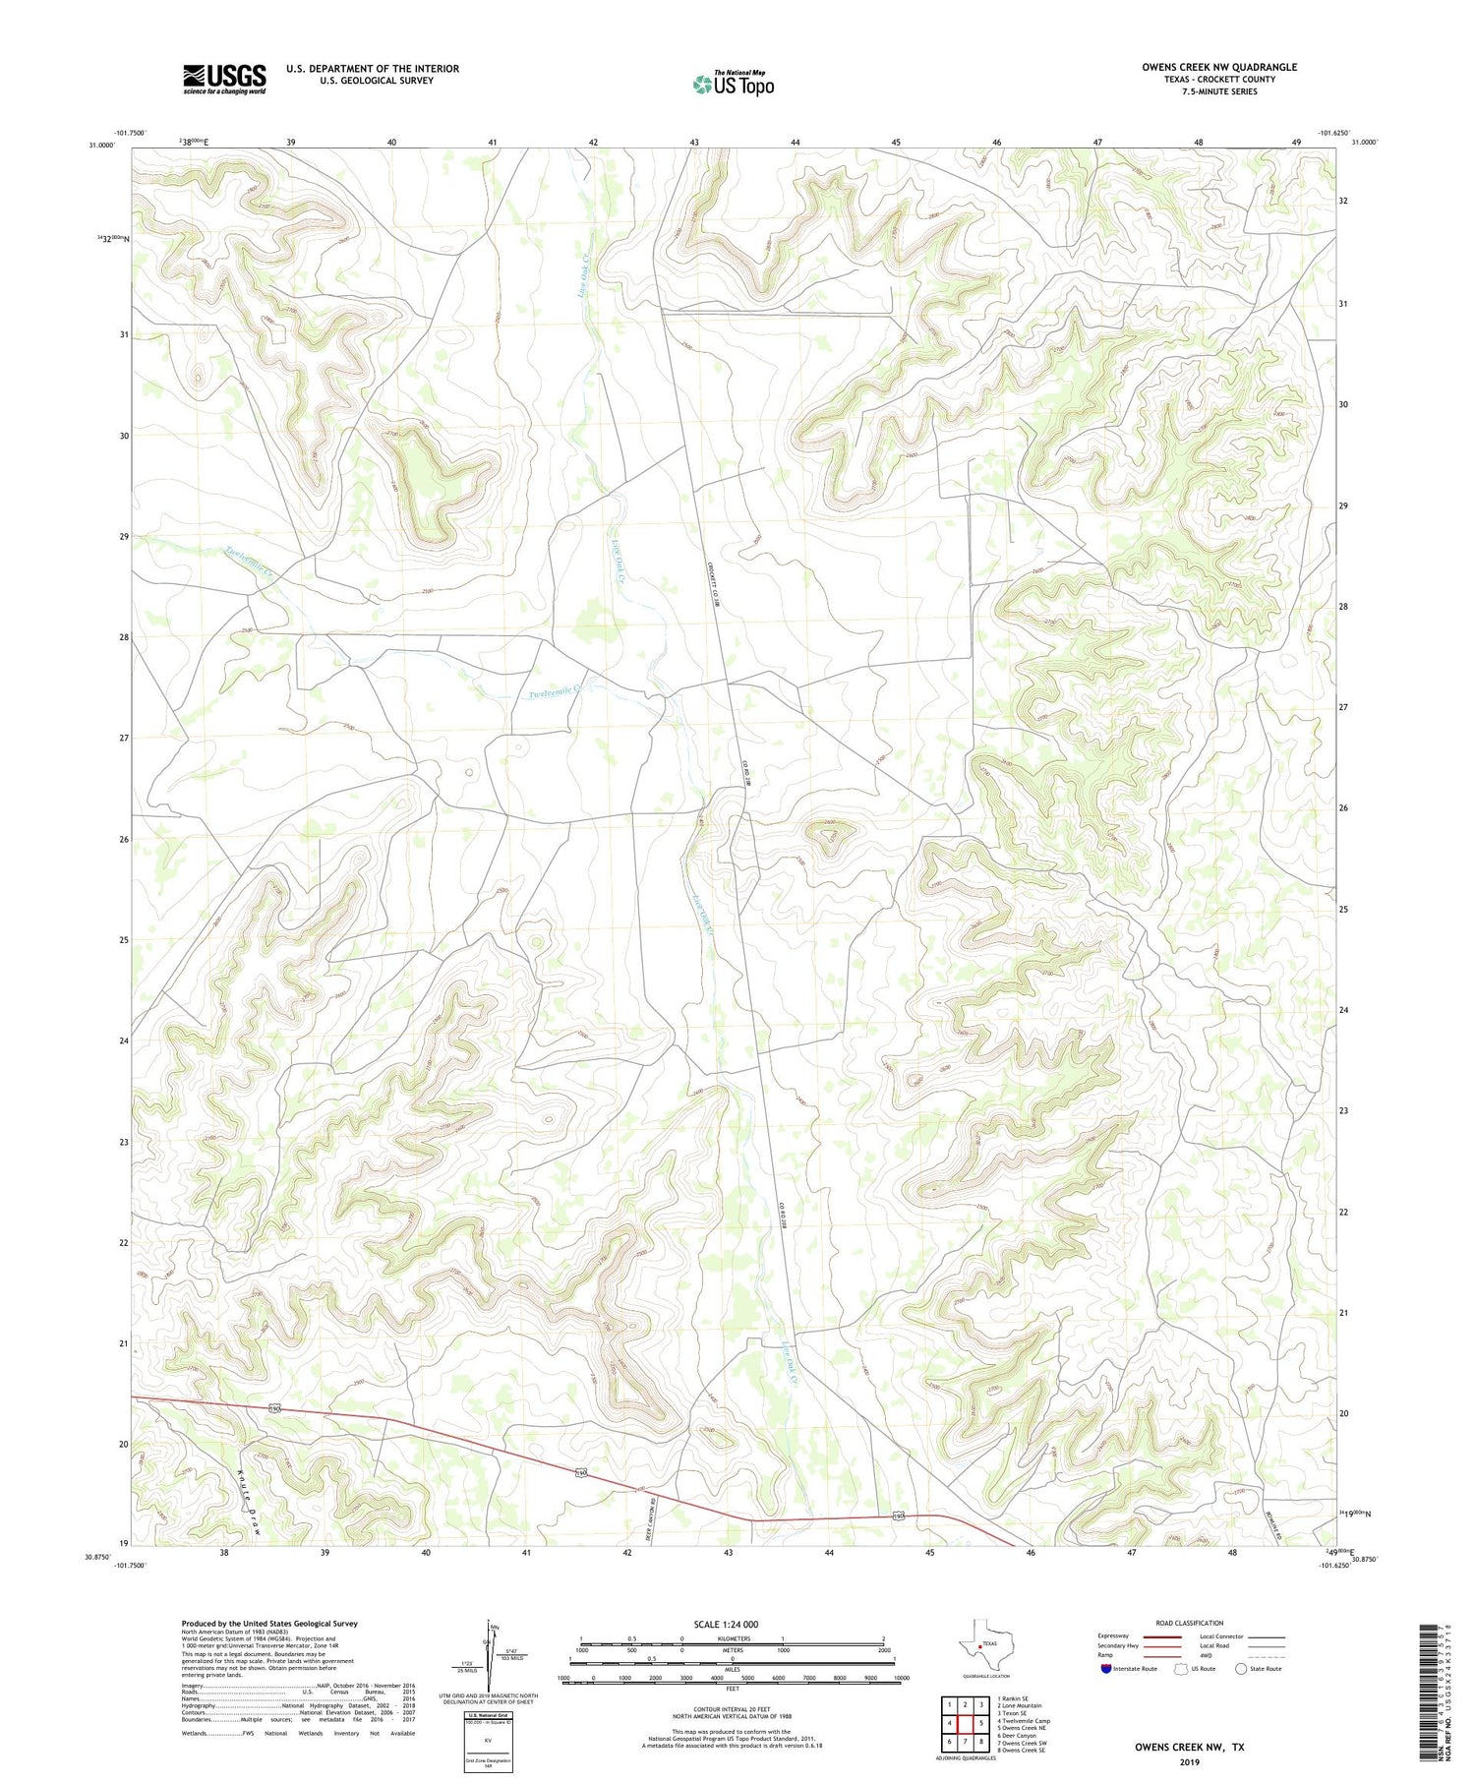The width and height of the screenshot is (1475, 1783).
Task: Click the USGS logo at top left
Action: pos(224,79)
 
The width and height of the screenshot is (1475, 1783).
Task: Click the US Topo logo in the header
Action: pos(733,85)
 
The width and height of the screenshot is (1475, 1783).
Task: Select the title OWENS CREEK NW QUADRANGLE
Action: pos(1219,67)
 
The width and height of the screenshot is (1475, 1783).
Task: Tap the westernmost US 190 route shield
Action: pos(276,1409)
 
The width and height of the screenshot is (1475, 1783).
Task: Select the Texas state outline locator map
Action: pos(983,1643)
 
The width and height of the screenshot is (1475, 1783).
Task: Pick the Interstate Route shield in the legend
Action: pos(1107,1669)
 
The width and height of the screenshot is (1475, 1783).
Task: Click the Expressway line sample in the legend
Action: pos(1160,1636)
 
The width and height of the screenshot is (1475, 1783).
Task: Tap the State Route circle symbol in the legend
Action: pos(1242,1669)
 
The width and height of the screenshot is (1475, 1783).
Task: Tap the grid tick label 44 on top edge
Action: pos(795,143)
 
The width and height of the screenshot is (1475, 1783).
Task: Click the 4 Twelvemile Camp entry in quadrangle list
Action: pos(1024,1721)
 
